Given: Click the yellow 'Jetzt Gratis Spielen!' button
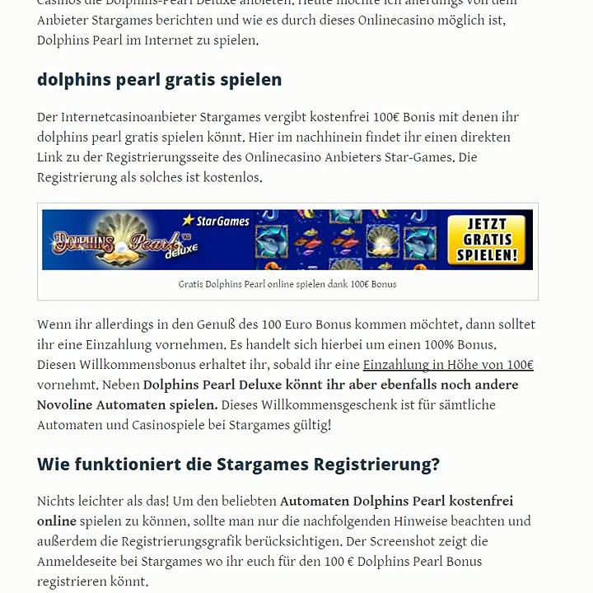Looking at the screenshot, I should point(487,240).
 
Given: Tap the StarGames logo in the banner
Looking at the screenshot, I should point(216,221).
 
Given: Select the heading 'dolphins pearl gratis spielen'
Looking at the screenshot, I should point(159,80).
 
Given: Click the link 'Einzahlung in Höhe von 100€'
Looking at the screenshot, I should point(448,365).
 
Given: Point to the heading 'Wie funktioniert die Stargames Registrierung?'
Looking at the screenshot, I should point(238,465).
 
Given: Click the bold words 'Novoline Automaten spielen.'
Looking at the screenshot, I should point(127,405).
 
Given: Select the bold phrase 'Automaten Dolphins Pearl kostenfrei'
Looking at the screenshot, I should point(396,501).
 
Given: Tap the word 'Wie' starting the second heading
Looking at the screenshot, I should point(53,465).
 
